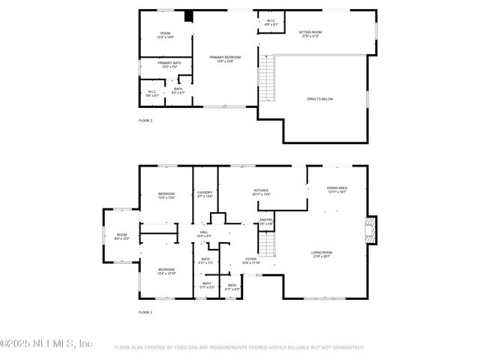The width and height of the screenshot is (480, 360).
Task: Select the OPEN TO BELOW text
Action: pos(320,98)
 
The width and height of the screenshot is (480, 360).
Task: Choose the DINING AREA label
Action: pos(337,189)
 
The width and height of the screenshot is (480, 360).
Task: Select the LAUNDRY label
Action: pos(205,193)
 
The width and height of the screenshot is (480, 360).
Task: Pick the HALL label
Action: pos(204,234)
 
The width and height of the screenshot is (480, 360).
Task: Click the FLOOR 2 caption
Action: pos(145,120)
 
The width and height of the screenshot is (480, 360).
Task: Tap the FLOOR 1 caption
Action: pos(145,311)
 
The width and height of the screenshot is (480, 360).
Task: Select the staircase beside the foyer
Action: pos(266,244)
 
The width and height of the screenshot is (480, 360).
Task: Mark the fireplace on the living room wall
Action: pos(370,231)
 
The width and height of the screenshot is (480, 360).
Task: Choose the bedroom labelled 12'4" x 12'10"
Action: pos(166,271)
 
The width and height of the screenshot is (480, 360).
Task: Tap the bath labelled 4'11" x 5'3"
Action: pos(232,286)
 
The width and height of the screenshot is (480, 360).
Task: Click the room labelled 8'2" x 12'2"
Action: pos(121,237)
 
